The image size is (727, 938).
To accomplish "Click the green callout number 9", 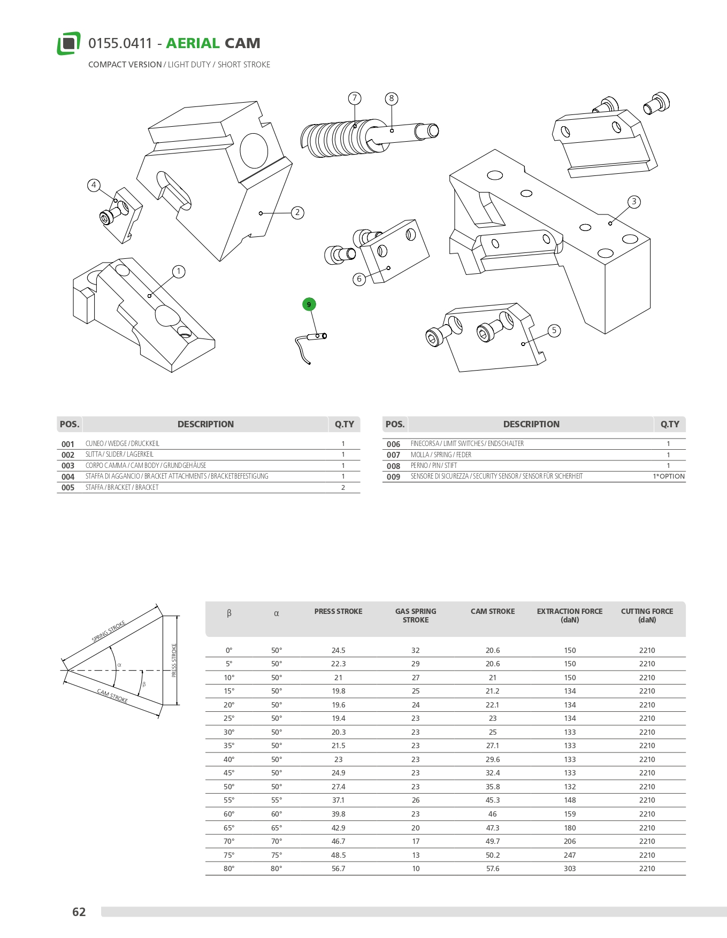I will [x=309, y=304].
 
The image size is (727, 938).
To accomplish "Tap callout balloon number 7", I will [x=354, y=98].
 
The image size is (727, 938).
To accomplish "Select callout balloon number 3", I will [x=634, y=202].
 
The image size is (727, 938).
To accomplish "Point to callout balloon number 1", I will [x=179, y=272].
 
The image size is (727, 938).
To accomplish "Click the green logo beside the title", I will [x=68, y=43].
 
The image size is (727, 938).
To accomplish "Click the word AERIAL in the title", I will [x=193, y=43].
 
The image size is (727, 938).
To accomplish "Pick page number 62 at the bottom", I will [x=79, y=912].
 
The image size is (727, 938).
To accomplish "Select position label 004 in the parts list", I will [x=68, y=476].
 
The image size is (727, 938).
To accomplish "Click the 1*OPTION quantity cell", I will [x=668, y=476].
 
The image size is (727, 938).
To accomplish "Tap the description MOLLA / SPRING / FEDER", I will [x=441, y=455].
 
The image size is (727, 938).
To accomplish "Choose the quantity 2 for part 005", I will [x=343, y=488].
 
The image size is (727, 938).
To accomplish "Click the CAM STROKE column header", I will [x=492, y=611].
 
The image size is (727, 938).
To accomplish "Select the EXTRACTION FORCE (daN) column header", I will [x=569, y=616].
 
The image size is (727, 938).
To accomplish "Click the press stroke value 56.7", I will [x=338, y=868].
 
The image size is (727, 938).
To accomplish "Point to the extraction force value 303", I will [x=570, y=868].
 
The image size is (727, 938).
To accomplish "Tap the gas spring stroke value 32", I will [x=416, y=650].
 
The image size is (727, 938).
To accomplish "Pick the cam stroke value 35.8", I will [x=492, y=787].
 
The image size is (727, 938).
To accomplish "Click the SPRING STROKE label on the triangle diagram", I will [x=109, y=631].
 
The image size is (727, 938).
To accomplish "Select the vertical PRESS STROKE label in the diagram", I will [x=174, y=660].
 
